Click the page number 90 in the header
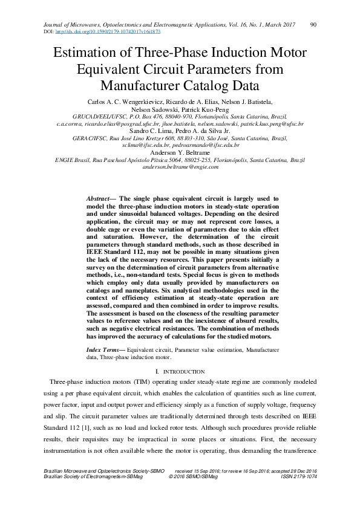click(313, 24)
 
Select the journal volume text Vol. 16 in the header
click(229, 24)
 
